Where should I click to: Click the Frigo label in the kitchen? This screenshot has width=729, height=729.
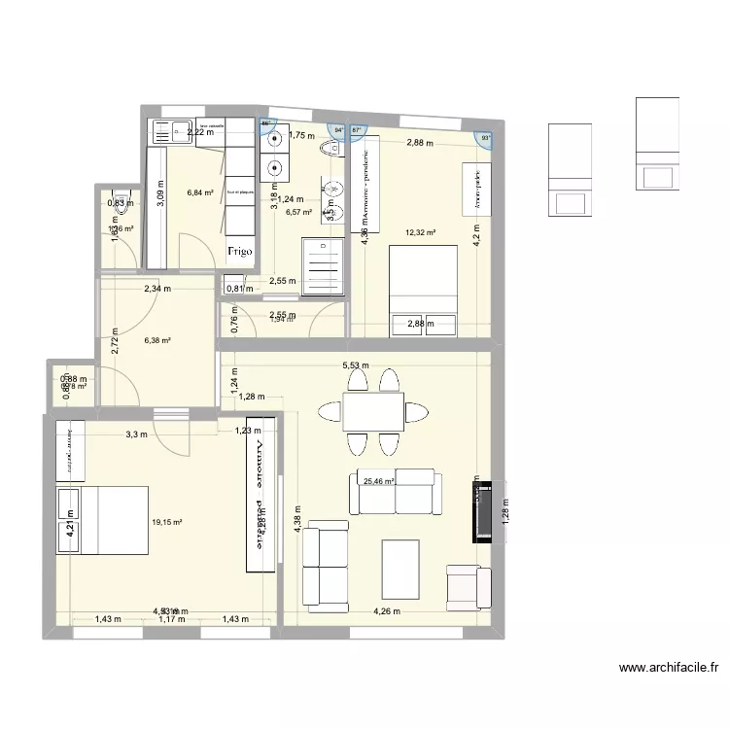[x=241, y=251]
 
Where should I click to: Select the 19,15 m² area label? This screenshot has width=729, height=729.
[x=167, y=522]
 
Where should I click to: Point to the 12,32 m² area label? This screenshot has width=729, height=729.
[x=420, y=233]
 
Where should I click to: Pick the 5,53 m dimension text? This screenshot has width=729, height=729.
[x=355, y=366]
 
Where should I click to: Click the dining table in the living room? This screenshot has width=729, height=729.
[x=372, y=410]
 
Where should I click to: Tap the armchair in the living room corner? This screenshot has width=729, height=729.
[x=468, y=586]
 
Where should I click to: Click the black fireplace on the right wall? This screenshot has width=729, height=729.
[x=482, y=512]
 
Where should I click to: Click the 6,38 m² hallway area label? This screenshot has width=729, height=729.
[x=157, y=341]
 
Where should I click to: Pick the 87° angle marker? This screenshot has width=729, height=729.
[x=356, y=130]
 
